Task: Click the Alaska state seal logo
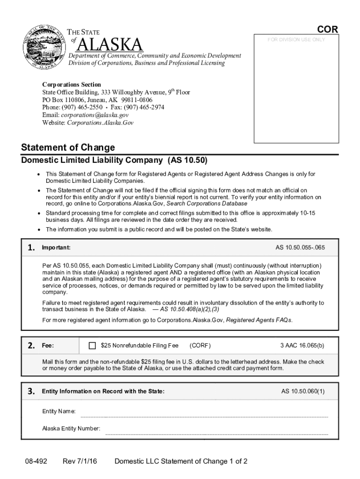point(44,47)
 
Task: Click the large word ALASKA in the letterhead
point(109,45)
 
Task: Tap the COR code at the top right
point(328,30)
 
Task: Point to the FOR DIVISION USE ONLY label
point(296,40)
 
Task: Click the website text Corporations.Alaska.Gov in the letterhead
point(101,123)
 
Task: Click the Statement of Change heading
point(68,148)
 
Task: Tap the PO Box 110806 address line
point(97,100)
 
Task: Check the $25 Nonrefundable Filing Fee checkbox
point(92,346)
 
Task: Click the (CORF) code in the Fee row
point(200,346)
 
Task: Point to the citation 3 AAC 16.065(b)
point(302,346)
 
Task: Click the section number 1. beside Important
point(31,247)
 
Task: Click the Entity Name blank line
point(204,415)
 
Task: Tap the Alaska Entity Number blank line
point(216,433)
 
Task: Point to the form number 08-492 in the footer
point(36,462)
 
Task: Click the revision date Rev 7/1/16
point(80,462)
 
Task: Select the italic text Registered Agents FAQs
point(259,320)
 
